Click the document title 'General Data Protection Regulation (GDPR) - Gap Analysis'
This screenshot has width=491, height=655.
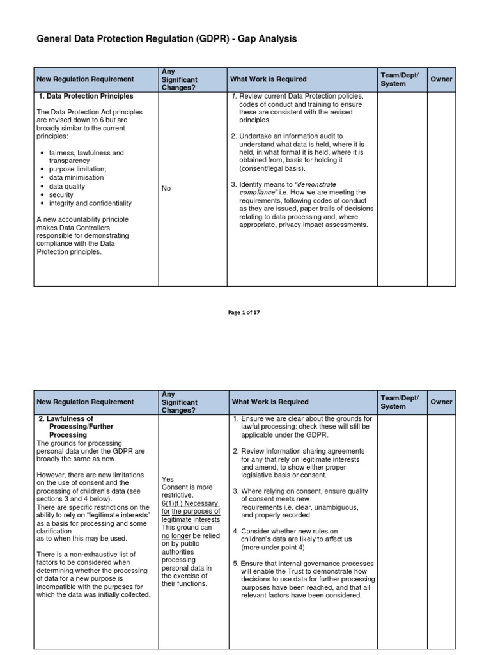[166, 40]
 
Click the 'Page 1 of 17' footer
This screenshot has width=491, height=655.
[244, 313]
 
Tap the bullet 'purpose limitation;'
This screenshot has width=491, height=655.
[78, 170]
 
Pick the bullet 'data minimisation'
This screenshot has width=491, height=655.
[76, 178]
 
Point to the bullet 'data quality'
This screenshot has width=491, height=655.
[67, 187]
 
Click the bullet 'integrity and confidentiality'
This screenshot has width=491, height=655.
[90, 203]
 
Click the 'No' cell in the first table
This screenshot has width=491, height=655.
[166, 189]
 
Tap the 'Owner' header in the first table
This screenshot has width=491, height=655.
[441, 79]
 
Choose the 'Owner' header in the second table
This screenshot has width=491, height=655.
[441, 402]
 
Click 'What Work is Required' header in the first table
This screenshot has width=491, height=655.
[269, 79]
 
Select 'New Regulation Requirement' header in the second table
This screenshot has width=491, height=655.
[85, 402]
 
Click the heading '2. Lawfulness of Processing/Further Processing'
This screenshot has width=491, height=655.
[75, 427]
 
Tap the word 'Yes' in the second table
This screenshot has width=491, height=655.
[168, 479]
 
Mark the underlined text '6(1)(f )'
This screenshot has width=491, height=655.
[174, 503]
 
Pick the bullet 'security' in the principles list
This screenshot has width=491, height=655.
[61, 195]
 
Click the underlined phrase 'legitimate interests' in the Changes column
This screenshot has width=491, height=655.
[191, 519]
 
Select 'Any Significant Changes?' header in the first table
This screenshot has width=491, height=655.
[180, 79]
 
